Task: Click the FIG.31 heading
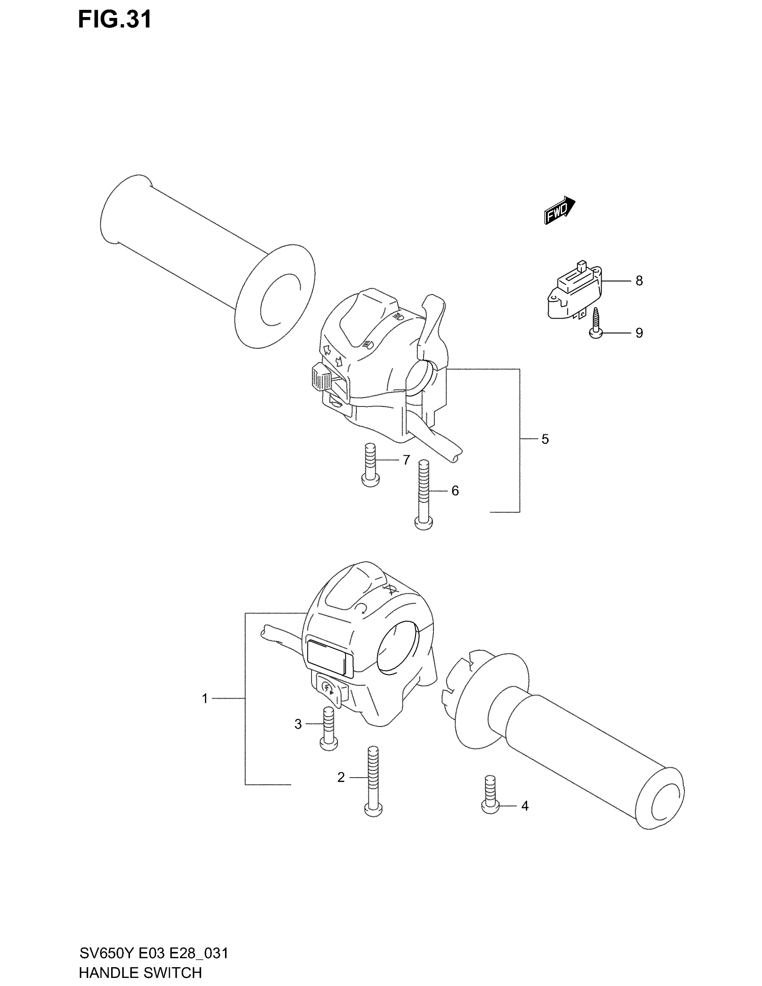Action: click(x=115, y=20)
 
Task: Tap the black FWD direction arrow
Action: click(x=559, y=210)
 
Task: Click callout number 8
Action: click(x=639, y=281)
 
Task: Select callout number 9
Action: click(x=639, y=333)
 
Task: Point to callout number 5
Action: click(x=545, y=439)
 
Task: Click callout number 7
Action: click(x=406, y=460)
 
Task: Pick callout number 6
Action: click(x=455, y=491)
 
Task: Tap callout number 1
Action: click(x=204, y=699)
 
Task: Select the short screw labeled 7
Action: click(x=370, y=465)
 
